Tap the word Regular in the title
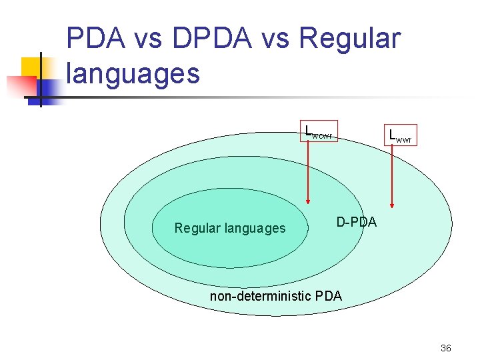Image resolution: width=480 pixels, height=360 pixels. pyautogui.click(x=351, y=39)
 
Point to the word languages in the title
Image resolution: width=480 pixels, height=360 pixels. pyautogui.click(x=133, y=73)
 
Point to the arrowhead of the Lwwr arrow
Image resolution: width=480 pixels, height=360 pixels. pyautogui.click(x=392, y=205)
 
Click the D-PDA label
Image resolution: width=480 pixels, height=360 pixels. pyautogui.click(x=356, y=222)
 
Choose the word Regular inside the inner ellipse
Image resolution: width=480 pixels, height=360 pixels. pyautogui.click(x=198, y=229)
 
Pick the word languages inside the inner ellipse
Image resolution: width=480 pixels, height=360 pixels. pyautogui.click(x=255, y=229)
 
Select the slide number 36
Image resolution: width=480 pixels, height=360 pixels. pyautogui.click(x=446, y=348)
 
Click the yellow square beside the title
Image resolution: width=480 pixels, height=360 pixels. pyautogui.click(x=31, y=67)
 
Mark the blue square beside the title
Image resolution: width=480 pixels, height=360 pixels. pyautogui.click(x=48, y=88)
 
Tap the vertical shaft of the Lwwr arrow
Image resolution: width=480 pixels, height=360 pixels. pyautogui.click(x=392, y=173)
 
